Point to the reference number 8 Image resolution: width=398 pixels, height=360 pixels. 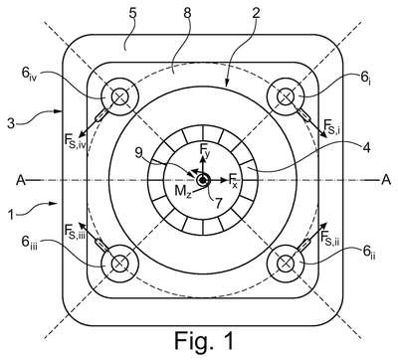tap(187, 14)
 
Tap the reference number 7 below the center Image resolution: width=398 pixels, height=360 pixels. tap(217, 202)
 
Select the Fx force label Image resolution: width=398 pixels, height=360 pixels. tap(233, 180)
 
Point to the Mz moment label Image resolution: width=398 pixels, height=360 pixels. tap(183, 193)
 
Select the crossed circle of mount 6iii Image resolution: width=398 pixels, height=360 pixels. tap(118, 264)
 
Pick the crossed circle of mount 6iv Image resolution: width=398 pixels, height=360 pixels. tap(118, 96)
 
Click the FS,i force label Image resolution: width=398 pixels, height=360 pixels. tap(332, 126)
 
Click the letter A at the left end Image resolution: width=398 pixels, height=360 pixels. tap(21, 180)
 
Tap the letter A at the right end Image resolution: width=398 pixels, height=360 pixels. tap(386, 180)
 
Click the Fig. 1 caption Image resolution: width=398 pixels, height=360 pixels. tap(204, 340)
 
